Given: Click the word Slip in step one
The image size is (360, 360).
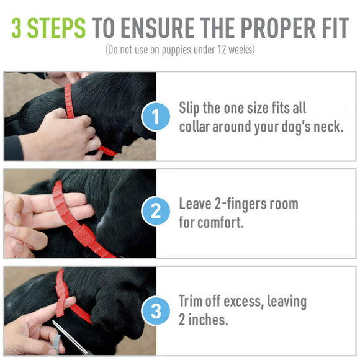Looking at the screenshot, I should click(x=190, y=108).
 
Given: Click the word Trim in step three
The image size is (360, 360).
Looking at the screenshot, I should click(x=191, y=302).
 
